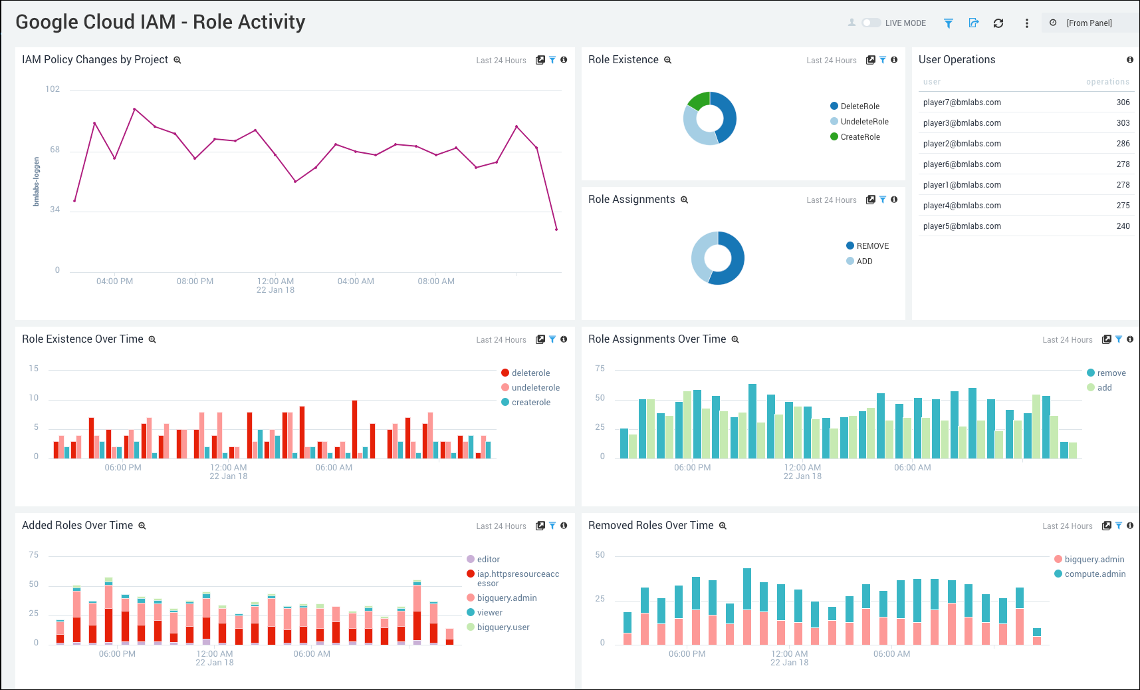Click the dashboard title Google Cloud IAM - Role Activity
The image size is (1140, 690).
click(160, 22)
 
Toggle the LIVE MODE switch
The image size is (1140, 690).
click(871, 23)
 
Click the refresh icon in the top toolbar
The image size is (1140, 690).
click(998, 23)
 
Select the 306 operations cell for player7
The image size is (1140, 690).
click(1123, 102)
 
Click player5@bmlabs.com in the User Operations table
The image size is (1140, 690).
click(962, 226)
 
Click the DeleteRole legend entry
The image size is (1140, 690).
click(859, 106)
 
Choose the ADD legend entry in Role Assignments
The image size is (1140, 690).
click(864, 261)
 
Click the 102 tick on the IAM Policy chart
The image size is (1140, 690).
click(53, 89)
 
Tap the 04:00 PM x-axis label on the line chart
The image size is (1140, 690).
click(114, 281)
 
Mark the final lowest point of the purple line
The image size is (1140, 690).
click(556, 230)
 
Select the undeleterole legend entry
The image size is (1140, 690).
click(535, 388)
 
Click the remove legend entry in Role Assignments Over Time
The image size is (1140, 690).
click(1111, 373)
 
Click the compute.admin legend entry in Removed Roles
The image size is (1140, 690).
click(1095, 574)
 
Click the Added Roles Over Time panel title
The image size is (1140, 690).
click(77, 526)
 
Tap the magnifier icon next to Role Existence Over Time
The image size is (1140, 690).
click(152, 339)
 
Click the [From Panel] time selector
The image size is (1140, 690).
click(1088, 23)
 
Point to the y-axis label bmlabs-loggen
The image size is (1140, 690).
click(37, 182)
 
